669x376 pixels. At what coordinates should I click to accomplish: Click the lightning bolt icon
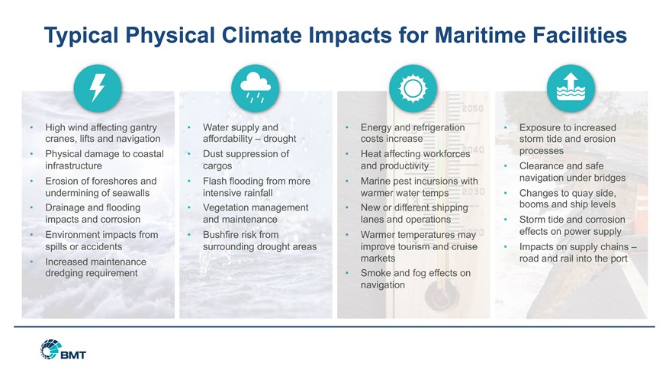(x=98, y=88)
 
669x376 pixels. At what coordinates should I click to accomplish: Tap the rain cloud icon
(x=255, y=88)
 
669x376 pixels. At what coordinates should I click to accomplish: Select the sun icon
(x=413, y=88)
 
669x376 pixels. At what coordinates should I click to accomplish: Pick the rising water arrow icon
(x=571, y=88)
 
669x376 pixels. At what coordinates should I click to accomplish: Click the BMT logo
(x=63, y=349)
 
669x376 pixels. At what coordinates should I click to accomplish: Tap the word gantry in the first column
(x=143, y=127)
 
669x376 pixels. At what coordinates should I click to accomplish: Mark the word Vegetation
(x=225, y=208)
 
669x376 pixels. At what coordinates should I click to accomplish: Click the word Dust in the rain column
(x=212, y=154)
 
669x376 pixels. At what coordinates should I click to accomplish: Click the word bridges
(x=609, y=178)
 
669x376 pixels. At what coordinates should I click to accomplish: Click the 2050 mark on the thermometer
(x=473, y=108)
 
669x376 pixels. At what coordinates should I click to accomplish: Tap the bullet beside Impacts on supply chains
(x=505, y=246)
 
